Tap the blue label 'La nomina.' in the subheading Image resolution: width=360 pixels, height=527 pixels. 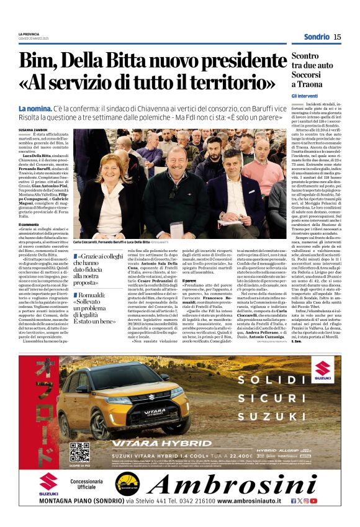pyautogui.click(x=38, y=108)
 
